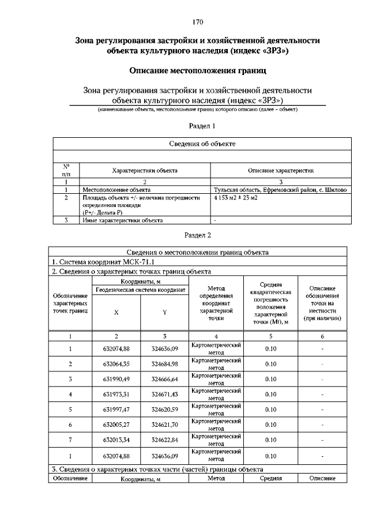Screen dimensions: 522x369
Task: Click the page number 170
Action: [x=198, y=22]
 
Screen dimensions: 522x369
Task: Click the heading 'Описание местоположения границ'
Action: [x=197, y=72]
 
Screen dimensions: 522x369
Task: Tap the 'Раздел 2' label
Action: [x=198, y=235]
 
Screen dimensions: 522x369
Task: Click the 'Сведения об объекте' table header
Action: [x=202, y=144]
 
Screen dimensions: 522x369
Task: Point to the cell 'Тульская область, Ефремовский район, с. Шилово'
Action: [x=280, y=189]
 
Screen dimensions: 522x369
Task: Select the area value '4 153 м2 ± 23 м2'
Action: [x=235, y=197]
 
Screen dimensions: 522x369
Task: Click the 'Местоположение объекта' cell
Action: [x=112, y=189]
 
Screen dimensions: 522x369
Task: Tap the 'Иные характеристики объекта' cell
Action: [x=122, y=220]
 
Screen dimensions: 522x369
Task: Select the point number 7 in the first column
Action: [x=70, y=440]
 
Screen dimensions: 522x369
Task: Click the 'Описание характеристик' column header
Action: [x=280, y=171]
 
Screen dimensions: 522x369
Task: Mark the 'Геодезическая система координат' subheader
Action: [x=141, y=289]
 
